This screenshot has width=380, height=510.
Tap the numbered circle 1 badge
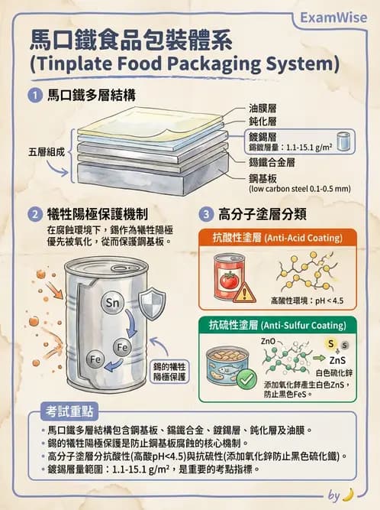click(x=34, y=96)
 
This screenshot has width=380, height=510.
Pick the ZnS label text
click(x=338, y=359)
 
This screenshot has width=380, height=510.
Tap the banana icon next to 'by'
click(x=349, y=494)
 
